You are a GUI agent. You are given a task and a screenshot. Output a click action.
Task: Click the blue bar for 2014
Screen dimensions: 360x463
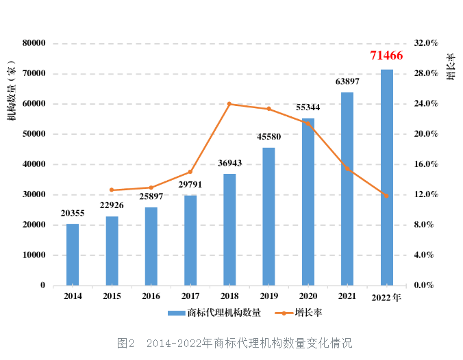tap(73, 254)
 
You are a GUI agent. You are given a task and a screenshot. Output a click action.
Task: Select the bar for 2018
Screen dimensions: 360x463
tap(229, 229)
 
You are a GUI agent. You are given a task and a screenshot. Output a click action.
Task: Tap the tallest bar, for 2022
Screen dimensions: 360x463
tap(387, 177)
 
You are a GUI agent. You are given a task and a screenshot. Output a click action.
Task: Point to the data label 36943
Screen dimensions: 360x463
tap(230, 164)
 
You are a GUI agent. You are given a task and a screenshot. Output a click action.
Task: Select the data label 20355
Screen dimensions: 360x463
tap(73, 214)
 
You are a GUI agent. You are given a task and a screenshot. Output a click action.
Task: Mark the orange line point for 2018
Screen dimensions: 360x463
tap(229, 104)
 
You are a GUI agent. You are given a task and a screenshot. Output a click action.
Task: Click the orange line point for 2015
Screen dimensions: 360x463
tap(112, 190)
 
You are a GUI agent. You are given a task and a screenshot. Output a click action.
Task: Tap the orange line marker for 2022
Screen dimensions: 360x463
tap(386, 196)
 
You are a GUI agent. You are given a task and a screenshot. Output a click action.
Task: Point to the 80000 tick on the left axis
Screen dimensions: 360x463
tap(34, 43)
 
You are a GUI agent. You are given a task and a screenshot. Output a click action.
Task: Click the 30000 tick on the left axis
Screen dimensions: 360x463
tap(34, 194)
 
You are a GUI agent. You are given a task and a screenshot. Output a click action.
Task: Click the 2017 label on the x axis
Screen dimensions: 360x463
tap(190, 296)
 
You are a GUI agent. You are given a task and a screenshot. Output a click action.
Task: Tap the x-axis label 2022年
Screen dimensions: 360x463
tap(387, 297)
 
